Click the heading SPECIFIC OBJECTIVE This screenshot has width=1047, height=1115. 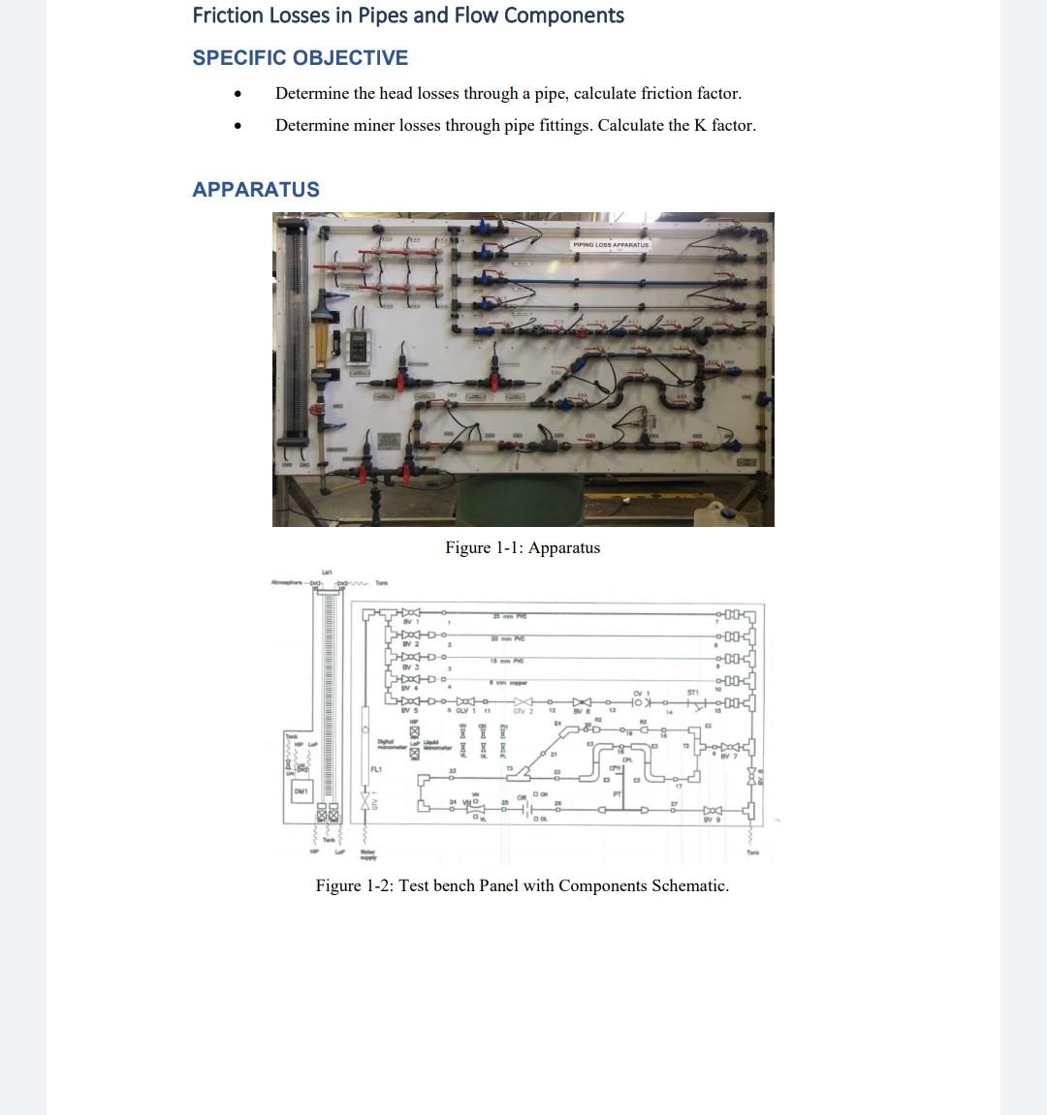(x=300, y=58)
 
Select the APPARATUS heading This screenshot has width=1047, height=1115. (x=256, y=190)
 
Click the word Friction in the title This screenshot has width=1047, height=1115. (x=228, y=15)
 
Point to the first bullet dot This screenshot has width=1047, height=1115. (x=237, y=94)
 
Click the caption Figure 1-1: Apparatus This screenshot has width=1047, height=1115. (x=523, y=548)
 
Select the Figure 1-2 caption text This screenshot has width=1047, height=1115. (x=522, y=885)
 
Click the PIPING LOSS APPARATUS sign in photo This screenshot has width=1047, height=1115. (x=611, y=245)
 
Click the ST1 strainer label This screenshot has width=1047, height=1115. (x=693, y=692)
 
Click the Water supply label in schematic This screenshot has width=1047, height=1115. (x=367, y=855)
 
